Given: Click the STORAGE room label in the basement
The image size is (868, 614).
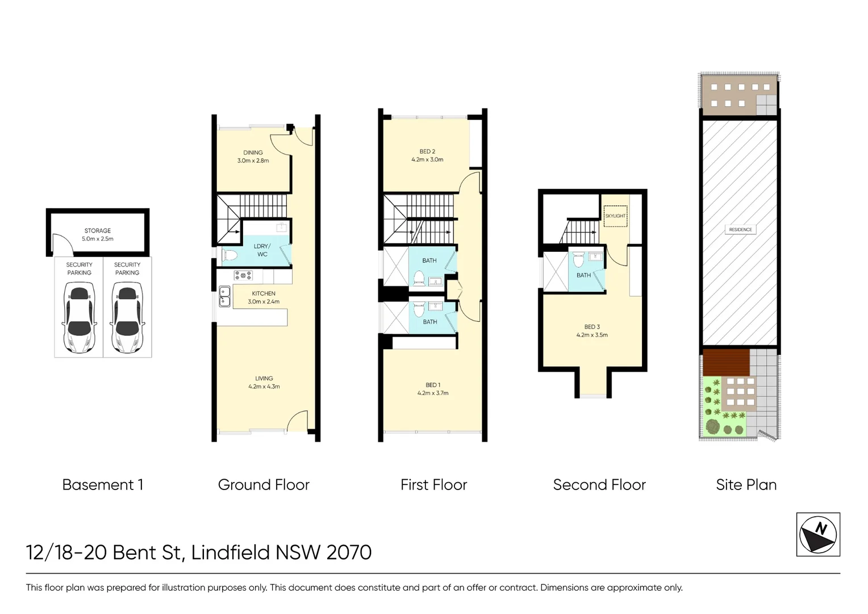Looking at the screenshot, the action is click(x=98, y=235).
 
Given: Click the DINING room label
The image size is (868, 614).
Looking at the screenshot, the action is click(x=253, y=156).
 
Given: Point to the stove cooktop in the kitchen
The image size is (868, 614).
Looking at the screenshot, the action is click(x=243, y=275).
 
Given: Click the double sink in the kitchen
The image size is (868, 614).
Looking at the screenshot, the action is click(x=225, y=296).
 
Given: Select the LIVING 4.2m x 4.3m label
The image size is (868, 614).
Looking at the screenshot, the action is click(x=264, y=382).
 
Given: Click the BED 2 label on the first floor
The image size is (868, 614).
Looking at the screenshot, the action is click(x=427, y=155).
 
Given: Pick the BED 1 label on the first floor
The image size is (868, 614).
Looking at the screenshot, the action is click(x=433, y=389).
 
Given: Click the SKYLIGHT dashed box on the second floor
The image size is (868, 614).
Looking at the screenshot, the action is click(x=615, y=215).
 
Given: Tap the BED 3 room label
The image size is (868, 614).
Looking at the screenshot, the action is click(x=592, y=331).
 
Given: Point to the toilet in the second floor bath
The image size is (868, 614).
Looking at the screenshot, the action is click(x=578, y=259).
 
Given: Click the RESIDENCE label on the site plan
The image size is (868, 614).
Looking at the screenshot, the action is click(x=741, y=230).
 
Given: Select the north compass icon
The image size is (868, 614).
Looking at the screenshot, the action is click(x=818, y=534).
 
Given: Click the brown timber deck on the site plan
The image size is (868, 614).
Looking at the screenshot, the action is click(x=726, y=362).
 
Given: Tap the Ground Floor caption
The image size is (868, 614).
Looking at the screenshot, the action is click(x=264, y=485).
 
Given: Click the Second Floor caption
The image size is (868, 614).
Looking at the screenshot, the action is click(x=599, y=485).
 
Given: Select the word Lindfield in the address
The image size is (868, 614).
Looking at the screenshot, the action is click(x=231, y=553).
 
